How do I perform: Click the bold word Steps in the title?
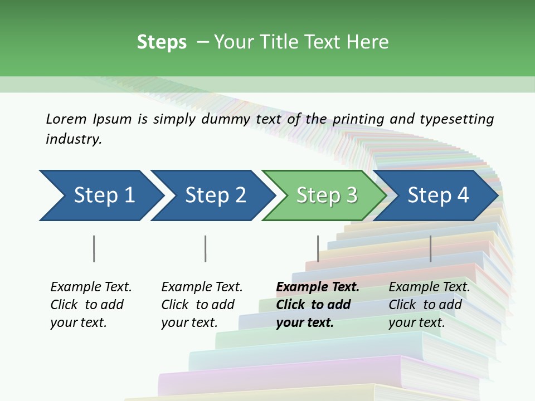162,42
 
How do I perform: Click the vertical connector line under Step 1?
94,248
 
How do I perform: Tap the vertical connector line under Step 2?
205,248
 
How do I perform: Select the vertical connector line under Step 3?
318,248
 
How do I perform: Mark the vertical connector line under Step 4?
430,248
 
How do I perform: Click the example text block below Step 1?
91,305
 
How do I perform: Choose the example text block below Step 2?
202,305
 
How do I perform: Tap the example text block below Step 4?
429,305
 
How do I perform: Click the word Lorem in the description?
66,119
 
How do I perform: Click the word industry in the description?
74,139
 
